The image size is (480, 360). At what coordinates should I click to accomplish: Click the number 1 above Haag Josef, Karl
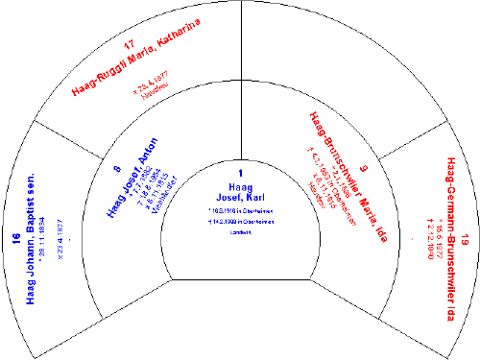click(x=239, y=174)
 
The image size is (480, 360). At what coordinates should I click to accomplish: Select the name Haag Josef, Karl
click(x=239, y=192)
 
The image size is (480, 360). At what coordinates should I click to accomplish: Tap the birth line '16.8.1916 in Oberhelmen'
click(x=241, y=210)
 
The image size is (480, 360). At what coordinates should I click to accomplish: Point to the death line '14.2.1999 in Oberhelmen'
click(x=241, y=222)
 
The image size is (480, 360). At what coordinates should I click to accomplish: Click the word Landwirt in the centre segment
click(x=240, y=235)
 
